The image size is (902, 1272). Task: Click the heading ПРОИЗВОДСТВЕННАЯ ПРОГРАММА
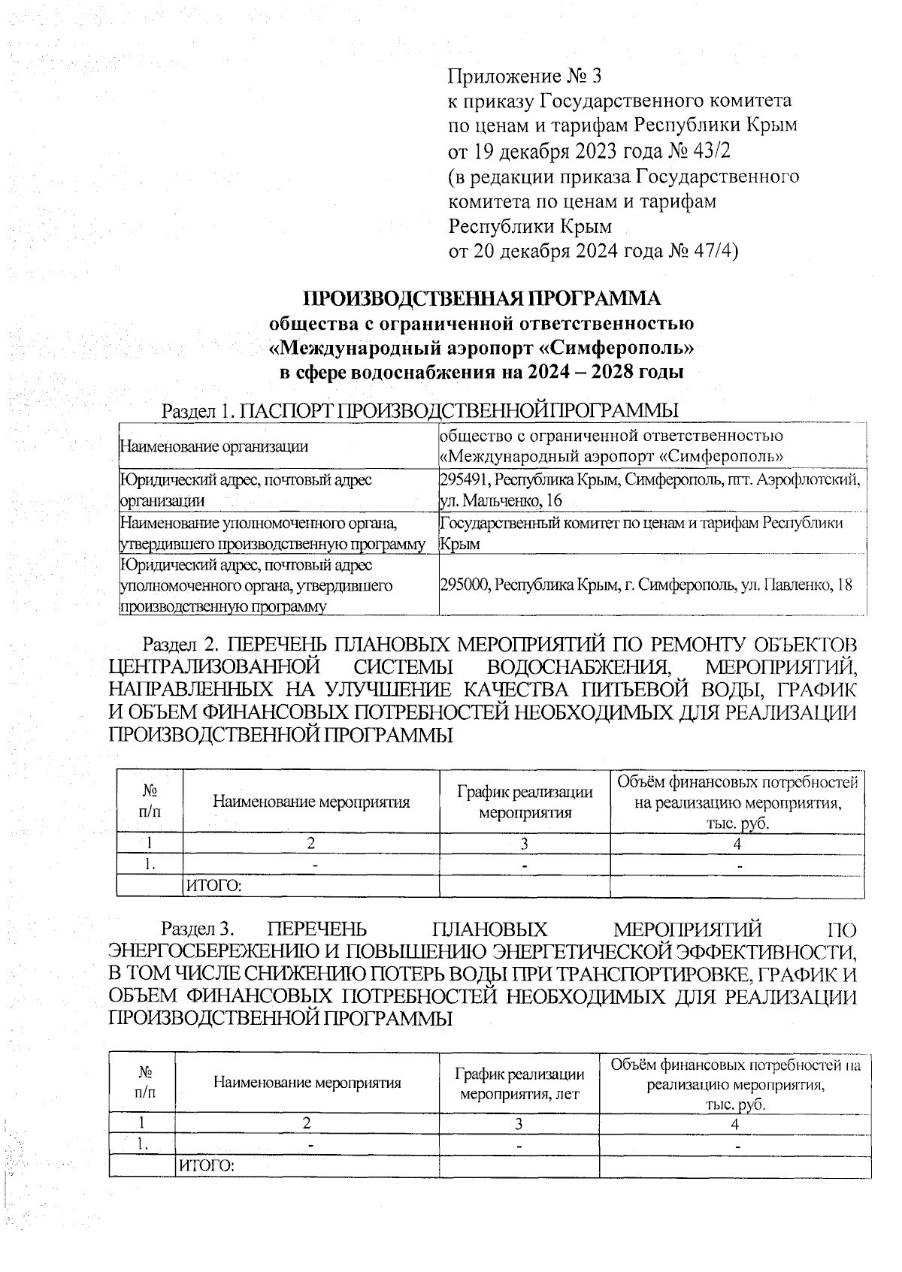pos(482,299)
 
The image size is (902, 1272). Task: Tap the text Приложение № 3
pos(525,76)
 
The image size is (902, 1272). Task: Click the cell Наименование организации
pos(213,446)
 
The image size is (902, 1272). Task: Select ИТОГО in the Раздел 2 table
pos(213,887)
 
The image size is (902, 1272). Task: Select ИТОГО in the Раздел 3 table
pos(206,1166)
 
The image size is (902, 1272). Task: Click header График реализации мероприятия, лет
pos(519,1083)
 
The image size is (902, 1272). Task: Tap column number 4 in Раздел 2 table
pos(737,844)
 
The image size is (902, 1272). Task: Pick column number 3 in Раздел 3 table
pos(519,1124)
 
